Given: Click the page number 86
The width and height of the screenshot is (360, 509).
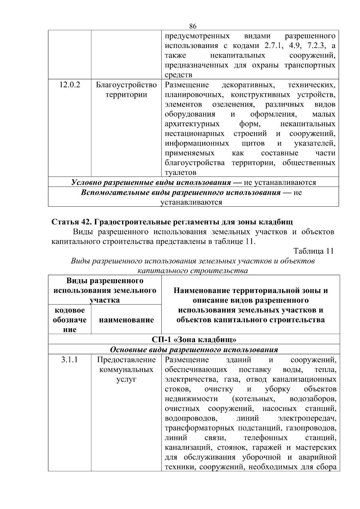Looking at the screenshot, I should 193,26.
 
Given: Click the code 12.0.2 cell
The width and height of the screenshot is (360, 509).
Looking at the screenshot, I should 70,85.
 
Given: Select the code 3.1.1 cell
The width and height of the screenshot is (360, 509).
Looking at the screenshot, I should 70,360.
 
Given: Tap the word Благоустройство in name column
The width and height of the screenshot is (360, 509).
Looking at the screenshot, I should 126,85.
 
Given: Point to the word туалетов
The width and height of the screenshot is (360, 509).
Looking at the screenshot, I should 181,172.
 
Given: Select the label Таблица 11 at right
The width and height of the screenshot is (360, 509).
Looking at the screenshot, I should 313,251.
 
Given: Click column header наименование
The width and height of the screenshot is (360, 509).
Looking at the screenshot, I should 126,320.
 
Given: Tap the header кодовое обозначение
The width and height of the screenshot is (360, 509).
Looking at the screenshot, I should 70,320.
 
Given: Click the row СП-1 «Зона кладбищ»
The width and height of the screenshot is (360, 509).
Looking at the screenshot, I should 194,340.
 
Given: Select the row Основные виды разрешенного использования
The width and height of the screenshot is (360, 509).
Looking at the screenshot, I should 194,349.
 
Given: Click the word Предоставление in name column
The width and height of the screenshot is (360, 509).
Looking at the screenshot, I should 126,360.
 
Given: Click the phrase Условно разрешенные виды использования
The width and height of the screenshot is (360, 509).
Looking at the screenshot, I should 151,182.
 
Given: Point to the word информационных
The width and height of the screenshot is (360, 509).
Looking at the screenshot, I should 197,143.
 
